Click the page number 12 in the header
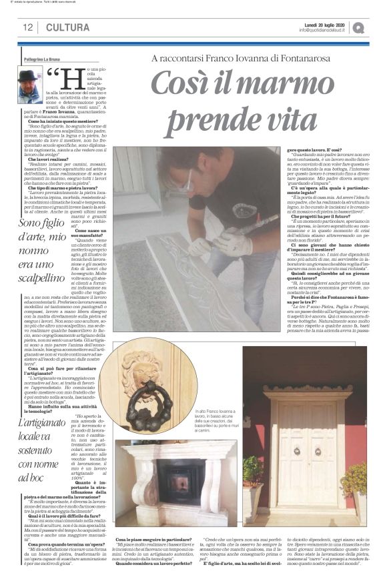point(28,27)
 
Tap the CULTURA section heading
point(67,27)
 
